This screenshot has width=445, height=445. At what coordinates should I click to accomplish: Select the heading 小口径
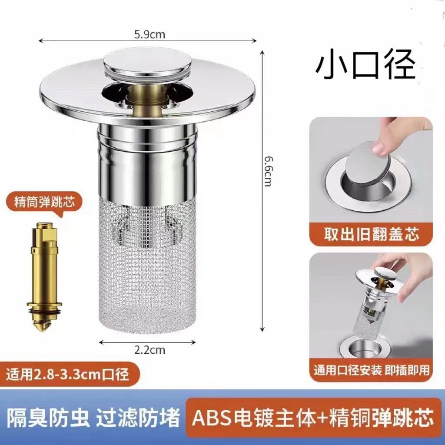coord(365,66)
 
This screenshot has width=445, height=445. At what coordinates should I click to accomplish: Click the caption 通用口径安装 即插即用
coord(371,370)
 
